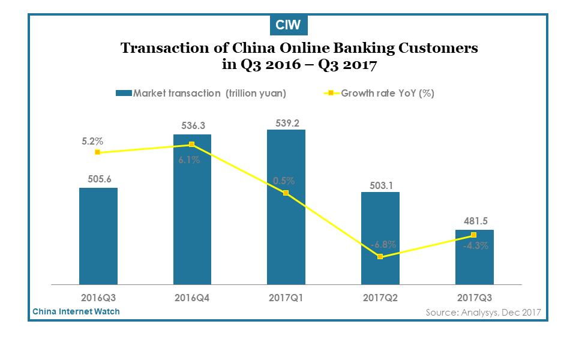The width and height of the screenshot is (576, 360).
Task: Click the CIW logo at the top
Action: click(289, 25)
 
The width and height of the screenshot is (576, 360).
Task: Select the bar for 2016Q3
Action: click(98, 236)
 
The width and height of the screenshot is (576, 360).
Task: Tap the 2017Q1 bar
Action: click(286, 207)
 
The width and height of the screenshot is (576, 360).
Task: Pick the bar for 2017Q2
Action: click(380, 238)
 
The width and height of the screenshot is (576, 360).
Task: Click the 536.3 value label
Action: click(193, 125)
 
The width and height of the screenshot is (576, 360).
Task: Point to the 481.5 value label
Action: click(476, 221)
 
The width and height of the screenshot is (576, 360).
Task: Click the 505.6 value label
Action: click(99, 179)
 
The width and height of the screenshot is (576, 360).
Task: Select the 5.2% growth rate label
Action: click(92, 142)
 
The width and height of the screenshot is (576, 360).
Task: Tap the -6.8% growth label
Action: click(383, 245)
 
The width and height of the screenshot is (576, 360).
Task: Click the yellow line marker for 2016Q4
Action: click(192, 145)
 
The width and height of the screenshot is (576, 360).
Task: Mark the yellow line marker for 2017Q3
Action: click(474, 235)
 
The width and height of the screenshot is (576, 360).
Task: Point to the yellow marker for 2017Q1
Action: click(286, 193)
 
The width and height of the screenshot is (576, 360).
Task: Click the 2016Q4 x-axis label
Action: click(192, 298)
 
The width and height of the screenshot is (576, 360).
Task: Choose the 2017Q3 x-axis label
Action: click(474, 298)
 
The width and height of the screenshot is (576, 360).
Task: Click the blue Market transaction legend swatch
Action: click(124, 94)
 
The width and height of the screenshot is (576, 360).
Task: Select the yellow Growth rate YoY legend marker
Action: click(331, 94)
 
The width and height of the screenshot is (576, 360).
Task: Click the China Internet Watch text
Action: click(76, 311)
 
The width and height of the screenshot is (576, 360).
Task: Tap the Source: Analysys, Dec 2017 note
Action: click(484, 313)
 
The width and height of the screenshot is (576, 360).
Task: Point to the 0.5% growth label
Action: click(284, 181)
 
